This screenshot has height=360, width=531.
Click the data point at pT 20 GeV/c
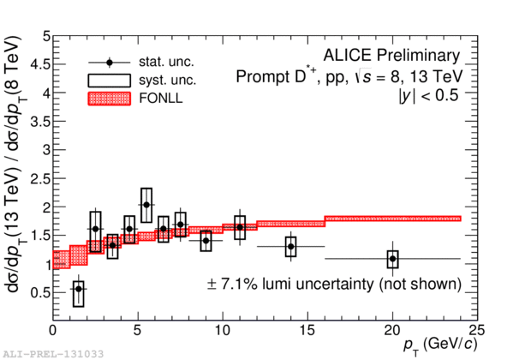(392, 258)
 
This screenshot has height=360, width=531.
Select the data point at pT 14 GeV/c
(291, 247)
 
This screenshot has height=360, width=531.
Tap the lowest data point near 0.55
(79, 289)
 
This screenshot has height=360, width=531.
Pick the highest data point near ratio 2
(146, 205)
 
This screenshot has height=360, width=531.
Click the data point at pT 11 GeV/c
(240, 227)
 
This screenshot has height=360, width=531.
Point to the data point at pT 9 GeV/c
(206, 241)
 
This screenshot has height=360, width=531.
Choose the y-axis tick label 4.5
(39, 64)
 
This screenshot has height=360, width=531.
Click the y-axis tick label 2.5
(39, 177)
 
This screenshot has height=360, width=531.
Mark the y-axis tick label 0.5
(39, 291)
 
